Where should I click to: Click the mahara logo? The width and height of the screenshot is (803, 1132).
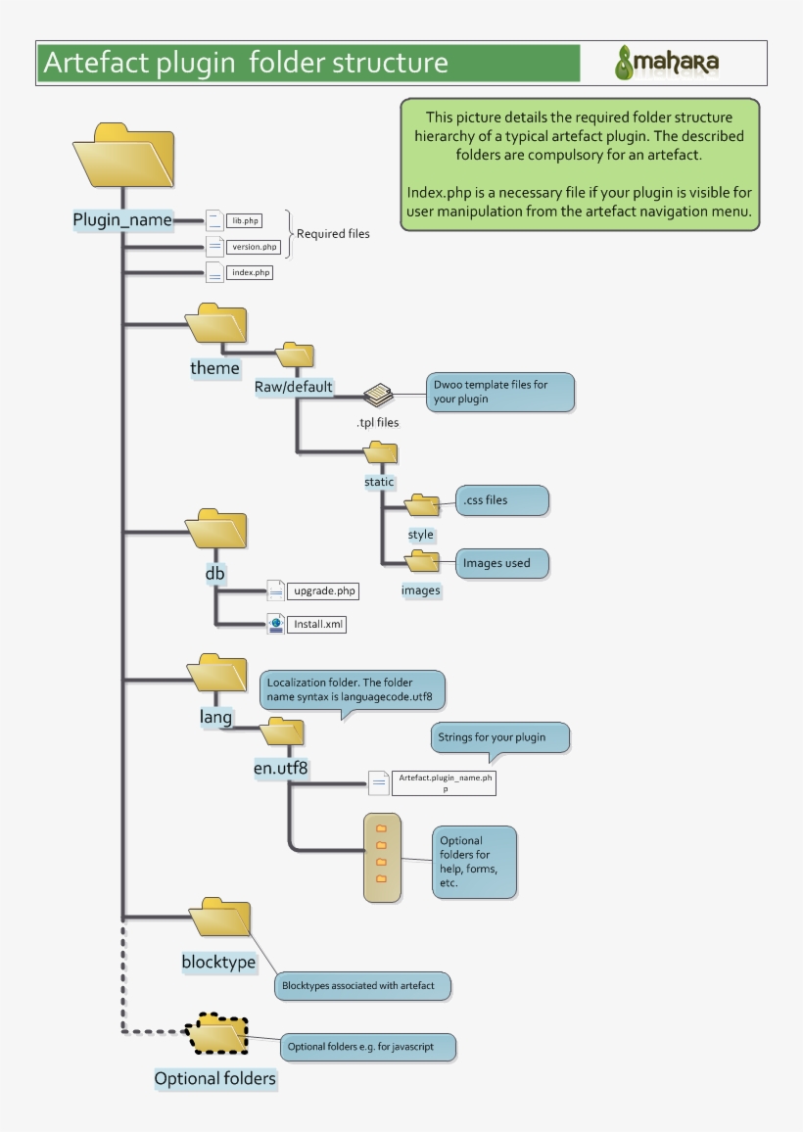click(667, 63)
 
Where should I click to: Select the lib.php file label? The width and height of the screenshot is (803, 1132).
click(244, 221)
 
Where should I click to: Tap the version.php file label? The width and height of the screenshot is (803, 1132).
click(253, 247)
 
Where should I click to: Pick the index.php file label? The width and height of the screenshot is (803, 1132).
click(249, 273)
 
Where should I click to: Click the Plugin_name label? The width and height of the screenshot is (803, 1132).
click(122, 220)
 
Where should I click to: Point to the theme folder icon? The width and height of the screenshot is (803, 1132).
click(216, 324)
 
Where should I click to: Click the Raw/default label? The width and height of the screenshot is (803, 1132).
click(294, 387)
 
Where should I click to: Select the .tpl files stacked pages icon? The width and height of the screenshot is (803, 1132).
click(378, 395)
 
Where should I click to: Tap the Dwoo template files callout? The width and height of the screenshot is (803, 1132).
click(499, 392)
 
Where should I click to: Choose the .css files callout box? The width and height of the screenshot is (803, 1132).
click(501, 500)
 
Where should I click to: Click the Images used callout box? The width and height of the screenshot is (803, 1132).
click(501, 563)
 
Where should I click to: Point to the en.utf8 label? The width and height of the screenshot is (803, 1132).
click(281, 769)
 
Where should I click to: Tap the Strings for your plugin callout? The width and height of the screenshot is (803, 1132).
click(499, 737)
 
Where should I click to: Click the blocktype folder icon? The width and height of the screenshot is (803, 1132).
click(219, 919)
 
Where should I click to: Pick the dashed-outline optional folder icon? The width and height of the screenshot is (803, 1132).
click(216, 1034)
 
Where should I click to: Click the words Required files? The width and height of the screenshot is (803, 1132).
click(333, 234)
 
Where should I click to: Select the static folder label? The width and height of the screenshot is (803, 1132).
click(379, 482)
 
